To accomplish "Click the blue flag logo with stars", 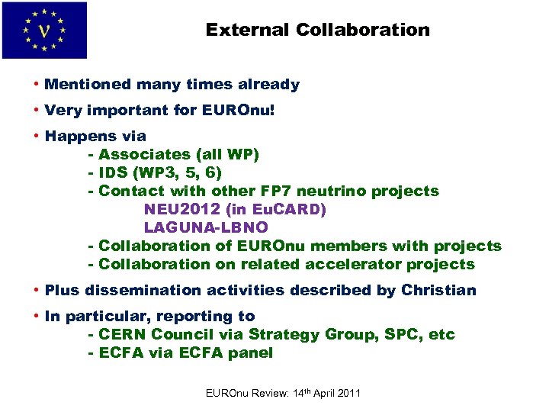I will click(x=44, y=31).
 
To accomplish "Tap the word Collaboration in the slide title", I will click(x=363, y=31).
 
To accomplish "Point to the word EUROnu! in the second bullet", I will click(x=237, y=111).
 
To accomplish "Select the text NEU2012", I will click(x=178, y=210).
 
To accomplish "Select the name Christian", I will click(x=438, y=291).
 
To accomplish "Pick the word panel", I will click(x=252, y=353).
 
